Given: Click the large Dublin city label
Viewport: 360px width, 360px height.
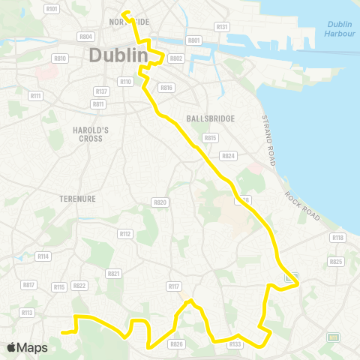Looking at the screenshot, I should coord(115,55).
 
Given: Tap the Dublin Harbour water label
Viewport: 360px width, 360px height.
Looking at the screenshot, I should coord(340,28).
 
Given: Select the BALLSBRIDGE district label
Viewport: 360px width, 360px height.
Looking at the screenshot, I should coord(210,118).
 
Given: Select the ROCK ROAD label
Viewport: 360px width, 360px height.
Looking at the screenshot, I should coord(301,205).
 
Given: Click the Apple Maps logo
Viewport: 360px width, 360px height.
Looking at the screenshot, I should coord(27,347).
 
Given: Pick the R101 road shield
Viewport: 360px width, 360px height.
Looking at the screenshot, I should coord(52,9).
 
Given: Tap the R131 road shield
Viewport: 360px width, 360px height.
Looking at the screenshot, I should coord(221,27).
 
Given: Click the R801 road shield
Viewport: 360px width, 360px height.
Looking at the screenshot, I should coord(194,40).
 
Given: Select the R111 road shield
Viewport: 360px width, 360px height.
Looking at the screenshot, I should coord(36,95).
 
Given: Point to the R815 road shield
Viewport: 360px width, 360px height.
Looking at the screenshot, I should coord(210,138).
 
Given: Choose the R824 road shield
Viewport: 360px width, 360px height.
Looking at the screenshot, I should coord(228,156).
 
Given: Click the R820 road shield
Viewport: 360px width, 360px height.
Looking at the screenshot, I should coord(159,202).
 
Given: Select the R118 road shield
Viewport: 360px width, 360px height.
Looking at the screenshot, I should coord(337,238).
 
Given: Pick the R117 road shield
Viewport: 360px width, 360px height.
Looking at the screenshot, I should coord(174,286).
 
